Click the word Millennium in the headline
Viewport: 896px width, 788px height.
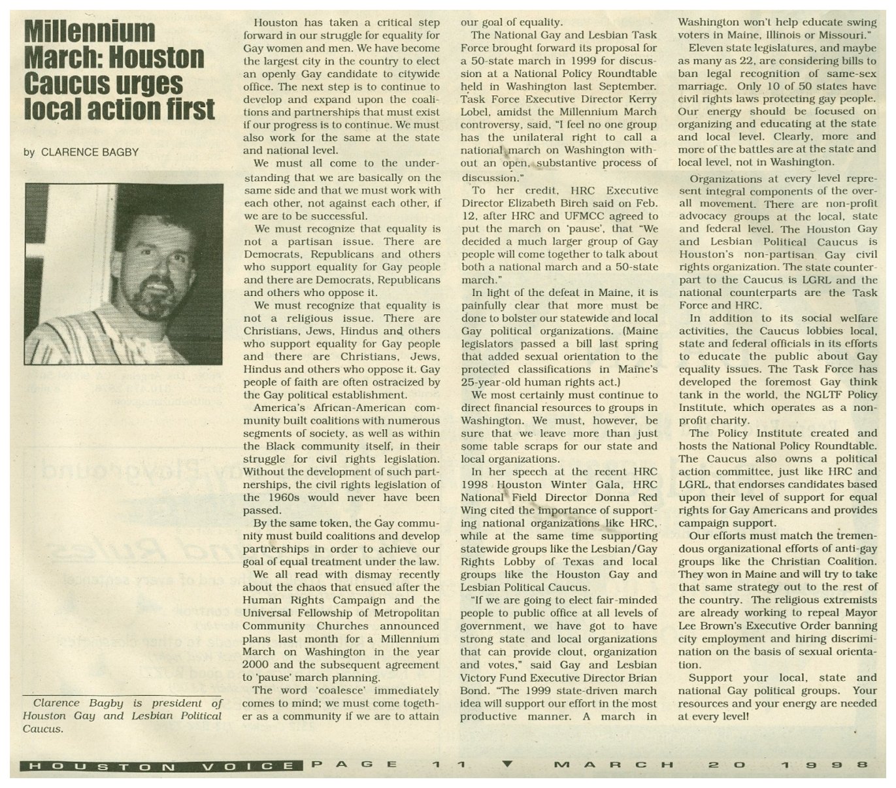(90, 32)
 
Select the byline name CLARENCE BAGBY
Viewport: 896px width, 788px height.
(90, 152)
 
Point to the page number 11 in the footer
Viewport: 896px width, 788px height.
(450, 764)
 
